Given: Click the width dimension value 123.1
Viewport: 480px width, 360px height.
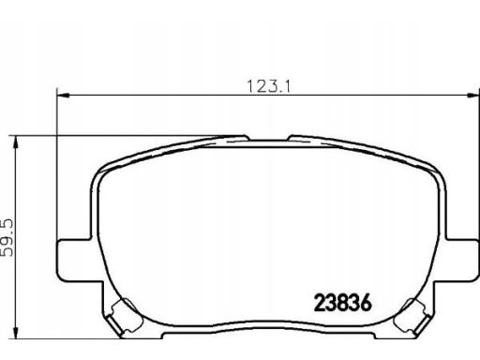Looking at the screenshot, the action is (269, 86).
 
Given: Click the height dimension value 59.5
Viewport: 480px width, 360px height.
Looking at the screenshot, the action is (7, 237).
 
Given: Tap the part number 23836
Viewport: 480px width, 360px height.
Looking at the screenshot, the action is (343, 303).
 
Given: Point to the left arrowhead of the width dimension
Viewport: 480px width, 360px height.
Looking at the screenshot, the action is (63, 95).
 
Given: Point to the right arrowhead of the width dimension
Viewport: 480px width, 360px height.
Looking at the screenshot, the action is (472, 95).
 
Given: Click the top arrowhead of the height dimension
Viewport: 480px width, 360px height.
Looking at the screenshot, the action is (15, 142).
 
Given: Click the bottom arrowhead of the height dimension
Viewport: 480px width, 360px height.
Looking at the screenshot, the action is (15, 333).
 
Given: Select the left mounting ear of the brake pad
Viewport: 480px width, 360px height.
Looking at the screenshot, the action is (74, 261).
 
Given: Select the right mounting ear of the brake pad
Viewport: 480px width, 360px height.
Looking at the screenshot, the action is (462, 261).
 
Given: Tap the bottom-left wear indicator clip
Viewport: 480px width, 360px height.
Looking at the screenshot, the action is (123, 316).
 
